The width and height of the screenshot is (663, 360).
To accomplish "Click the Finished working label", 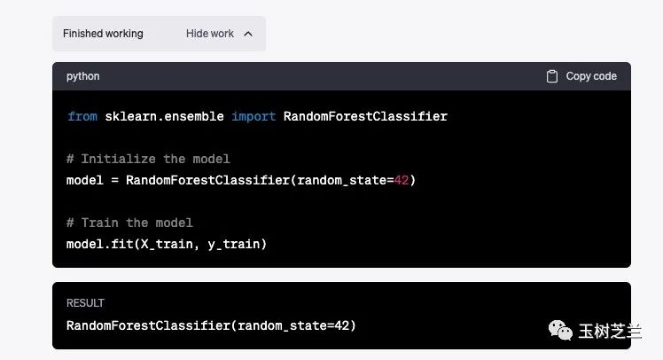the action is point(103,34).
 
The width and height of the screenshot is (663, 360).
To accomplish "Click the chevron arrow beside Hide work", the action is point(248,34).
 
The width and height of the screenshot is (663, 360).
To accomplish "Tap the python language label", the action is point(83,76).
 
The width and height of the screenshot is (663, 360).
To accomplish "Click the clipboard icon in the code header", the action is point(552,76).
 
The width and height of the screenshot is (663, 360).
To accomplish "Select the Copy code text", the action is point(591,76).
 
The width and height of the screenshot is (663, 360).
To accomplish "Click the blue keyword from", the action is point(82,116).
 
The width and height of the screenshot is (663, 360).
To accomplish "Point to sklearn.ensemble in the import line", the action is point(164,116).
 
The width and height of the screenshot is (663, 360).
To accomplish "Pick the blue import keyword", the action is point(253,116).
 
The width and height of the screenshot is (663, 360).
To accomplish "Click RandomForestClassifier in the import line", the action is point(365,116).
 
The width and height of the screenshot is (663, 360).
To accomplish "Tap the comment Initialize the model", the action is point(148,159).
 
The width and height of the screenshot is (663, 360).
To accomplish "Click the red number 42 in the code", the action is point(402,180).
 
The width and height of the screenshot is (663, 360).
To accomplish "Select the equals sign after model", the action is point(114,180).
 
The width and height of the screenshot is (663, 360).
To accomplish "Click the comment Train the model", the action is point(129,223).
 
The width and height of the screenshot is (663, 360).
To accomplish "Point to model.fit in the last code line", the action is point(100,244).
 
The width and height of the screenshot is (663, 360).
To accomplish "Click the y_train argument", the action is point(233,244).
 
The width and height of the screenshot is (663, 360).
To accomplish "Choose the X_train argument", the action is point(167,244).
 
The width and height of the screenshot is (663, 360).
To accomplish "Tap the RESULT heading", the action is point(85,303).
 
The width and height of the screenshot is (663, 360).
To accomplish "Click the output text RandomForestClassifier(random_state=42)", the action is point(211,325).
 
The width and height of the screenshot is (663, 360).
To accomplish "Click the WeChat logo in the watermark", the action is point(560,330).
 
